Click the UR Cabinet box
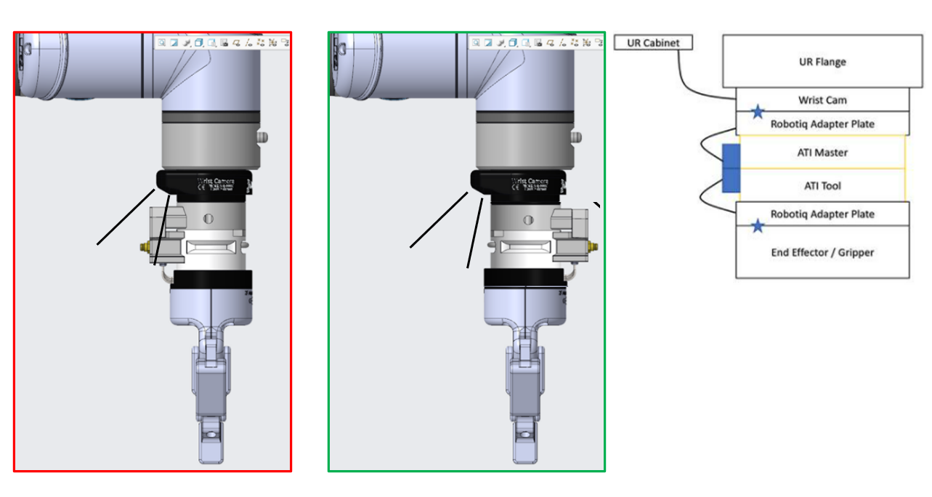click(653, 43)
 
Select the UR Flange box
click(822, 62)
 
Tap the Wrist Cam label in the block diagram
click(822, 100)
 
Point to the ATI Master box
click(822, 153)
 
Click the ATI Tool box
click(822, 186)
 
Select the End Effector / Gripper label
click(822, 252)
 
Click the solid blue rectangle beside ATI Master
click(731, 168)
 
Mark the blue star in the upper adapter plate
click(758, 112)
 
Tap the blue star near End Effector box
click(758, 226)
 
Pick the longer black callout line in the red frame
click(126, 217)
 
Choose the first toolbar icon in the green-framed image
click(476, 43)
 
